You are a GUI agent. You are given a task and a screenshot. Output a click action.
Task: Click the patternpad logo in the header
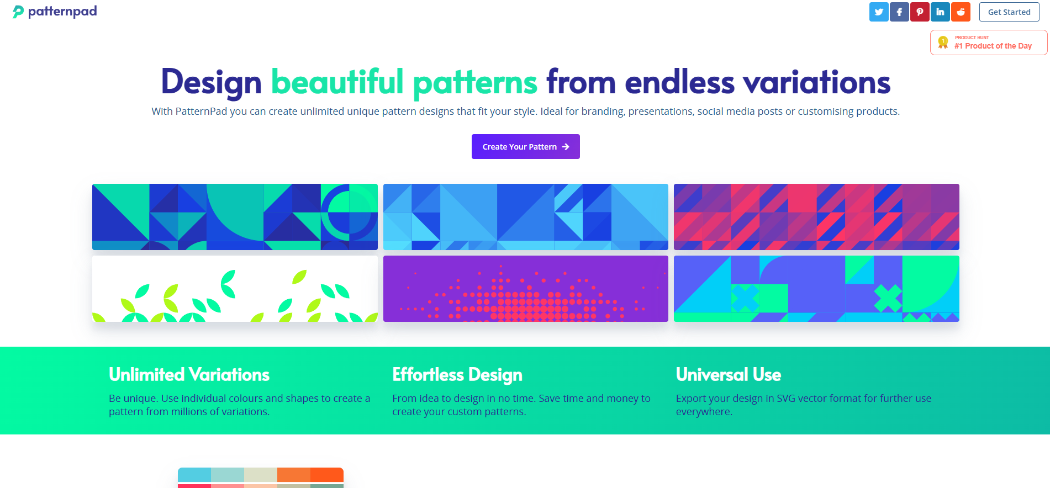coord(55,12)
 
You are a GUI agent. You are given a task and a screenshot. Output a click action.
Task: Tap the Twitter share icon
coord(879,12)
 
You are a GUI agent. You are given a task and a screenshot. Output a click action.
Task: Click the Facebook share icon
coord(899,12)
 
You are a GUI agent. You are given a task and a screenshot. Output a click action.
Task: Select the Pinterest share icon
coord(920,12)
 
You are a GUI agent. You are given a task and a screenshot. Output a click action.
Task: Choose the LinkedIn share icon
coord(940,12)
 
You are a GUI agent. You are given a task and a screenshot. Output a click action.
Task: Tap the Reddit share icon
coord(961,12)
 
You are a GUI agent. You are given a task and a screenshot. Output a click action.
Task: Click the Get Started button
coord(1009,12)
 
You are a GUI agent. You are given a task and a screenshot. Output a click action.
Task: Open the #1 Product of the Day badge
coord(989,43)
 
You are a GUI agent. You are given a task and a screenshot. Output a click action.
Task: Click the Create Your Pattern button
coord(526,147)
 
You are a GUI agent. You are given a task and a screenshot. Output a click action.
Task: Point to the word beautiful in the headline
coord(337,82)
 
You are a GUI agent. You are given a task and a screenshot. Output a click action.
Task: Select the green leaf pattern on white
coord(235,289)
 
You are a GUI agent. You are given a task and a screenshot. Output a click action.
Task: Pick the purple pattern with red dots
coord(526,289)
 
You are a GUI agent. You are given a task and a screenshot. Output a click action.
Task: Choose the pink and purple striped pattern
coord(816,217)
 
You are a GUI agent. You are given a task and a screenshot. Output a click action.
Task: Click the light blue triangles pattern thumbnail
coord(526,217)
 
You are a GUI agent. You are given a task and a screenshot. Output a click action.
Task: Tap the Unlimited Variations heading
coord(189,375)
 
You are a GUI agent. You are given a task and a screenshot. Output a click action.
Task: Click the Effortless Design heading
coord(457,375)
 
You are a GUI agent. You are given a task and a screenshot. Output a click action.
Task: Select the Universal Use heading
coord(729,375)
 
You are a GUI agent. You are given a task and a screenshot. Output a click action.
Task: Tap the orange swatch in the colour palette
coord(294,475)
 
